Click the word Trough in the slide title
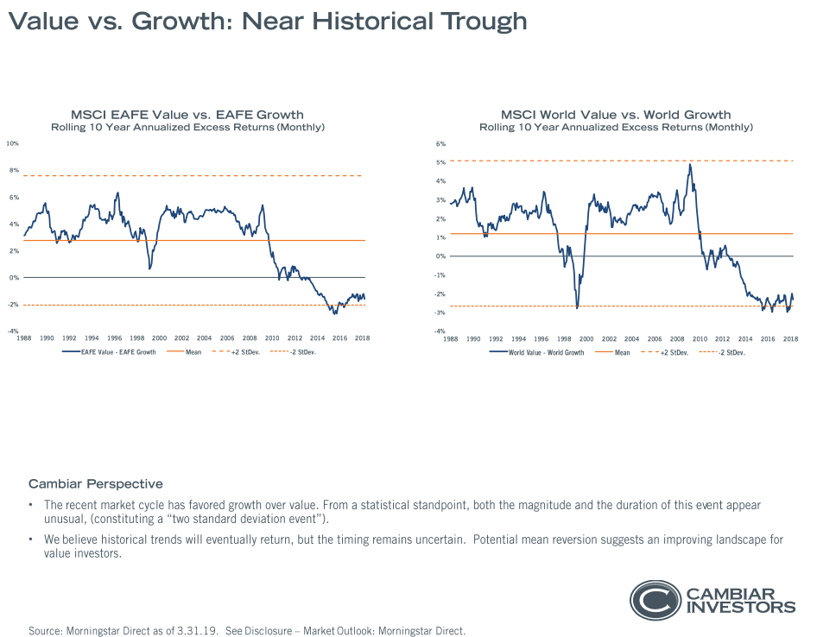479,21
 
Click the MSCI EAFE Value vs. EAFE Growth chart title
187,115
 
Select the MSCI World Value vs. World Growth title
616,115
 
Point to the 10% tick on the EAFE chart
14,143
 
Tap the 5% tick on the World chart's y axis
440,162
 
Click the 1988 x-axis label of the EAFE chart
24,338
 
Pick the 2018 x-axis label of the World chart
790,338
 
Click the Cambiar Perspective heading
95,483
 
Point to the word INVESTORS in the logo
740,607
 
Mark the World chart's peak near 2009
690,164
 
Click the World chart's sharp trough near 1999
577,306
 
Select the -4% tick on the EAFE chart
14,331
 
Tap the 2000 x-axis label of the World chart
586,338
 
